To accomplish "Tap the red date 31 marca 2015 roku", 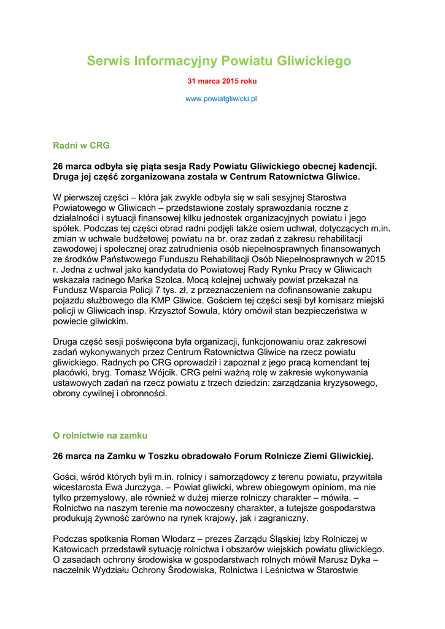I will click(x=222, y=81).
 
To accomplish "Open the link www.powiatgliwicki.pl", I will click(x=221, y=98).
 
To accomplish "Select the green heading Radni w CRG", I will click(x=81, y=146).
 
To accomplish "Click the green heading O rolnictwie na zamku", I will click(x=100, y=436).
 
